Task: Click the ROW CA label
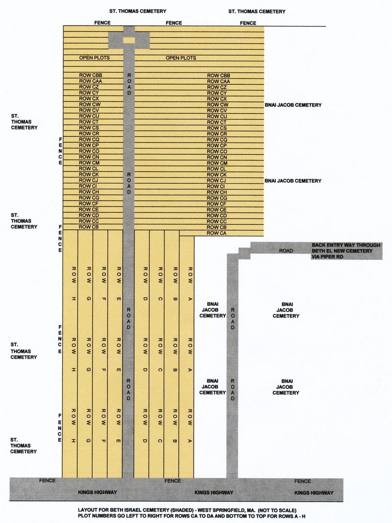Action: click(x=217, y=233)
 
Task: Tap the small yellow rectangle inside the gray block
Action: click(x=129, y=40)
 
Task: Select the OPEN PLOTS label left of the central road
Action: click(x=94, y=58)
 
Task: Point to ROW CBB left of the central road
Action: click(x=91, y=75)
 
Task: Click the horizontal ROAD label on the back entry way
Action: click(x=286, y=251)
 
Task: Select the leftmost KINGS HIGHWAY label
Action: click(x=97, y=492)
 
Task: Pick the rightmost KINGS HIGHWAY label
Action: click(x=314, y=492)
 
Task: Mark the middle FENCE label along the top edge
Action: click(x=174, y=23)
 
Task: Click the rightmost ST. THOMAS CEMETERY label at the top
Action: click(x=257, y=11)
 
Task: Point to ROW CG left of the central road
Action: click(x=89, y=198)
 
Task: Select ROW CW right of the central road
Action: click(x=218, y=105)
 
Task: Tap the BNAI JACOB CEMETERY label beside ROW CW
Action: click(x=293, y=105)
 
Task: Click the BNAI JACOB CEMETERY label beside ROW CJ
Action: click(x=293, y=181)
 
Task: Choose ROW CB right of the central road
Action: click(x=217, y=227)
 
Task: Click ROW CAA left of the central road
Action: click(x=91, y=81)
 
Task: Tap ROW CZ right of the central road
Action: click(x=217, y=87)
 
